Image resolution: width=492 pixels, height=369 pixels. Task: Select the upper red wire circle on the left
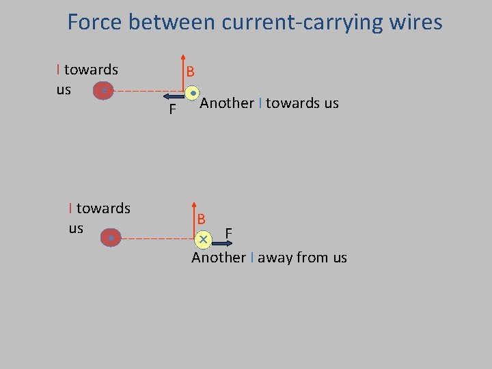pyautogui.click(x=103, y=90)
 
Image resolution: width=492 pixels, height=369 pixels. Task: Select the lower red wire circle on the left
pyautogui.click(x=111, y=238)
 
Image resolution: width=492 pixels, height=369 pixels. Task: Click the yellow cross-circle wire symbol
pyautogui.click(x=203, y=239)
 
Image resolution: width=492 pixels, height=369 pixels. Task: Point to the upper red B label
pyautogui.click(x=190, y=71)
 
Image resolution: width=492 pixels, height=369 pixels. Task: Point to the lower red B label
pyautogui.click(x=202, y=220)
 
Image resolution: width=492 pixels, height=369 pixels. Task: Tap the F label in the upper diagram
pyautogui.click(x=173, y=110)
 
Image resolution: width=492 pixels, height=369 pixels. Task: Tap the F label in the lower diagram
pyautogui.click(x=229, y=234)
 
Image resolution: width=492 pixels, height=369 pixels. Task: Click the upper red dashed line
pyautogui.click(x=146, y=91)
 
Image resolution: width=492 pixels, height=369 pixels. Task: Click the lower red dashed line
pyautogui.click(x=157, y=238)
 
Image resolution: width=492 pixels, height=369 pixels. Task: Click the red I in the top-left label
pyautogui.click(x=59, y=70)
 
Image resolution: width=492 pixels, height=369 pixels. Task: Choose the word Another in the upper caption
pyautogui.click(x=227, y=103)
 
